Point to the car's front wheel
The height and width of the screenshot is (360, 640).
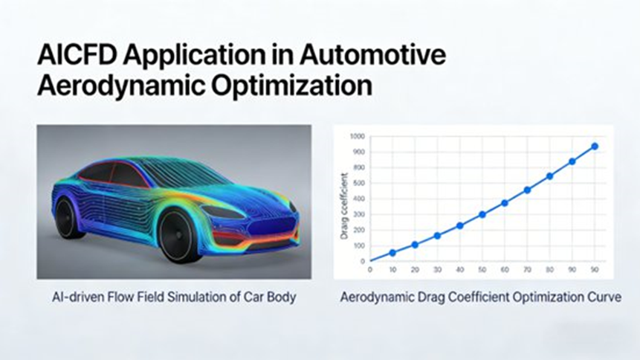click(180, 236)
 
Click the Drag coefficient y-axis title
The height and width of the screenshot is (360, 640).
click(344, 206)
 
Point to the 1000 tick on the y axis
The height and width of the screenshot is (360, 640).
click(357, 136)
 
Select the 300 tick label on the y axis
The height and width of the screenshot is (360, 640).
click(359, 214)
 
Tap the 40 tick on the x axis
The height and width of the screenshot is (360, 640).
click(459, 270)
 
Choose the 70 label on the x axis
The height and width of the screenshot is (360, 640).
click(527, 270)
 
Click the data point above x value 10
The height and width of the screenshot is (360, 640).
click(392, 253)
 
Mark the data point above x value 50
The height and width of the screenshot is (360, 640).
click(482, 214)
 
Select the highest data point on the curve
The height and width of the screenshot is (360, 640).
click(595, 147)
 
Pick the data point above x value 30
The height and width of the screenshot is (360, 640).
click(437, 236)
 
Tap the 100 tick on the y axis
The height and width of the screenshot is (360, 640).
click(359, 246)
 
